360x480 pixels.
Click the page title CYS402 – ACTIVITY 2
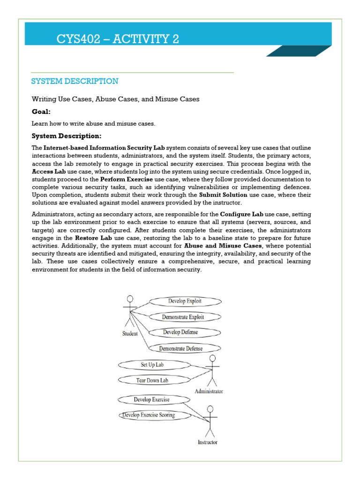[118, 39]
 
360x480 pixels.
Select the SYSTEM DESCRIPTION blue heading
[75, 82]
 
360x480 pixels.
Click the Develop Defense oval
[180, 332]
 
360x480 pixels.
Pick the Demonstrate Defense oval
[180, 348]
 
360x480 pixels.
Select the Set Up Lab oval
[152, 365]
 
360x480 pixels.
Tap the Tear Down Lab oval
[152, 380]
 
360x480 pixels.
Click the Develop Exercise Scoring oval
[149, 415]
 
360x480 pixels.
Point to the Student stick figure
[130, 312]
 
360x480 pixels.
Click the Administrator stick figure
[212, 370]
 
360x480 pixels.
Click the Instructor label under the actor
[207, 442]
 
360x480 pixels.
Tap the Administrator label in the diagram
[209, 391]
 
